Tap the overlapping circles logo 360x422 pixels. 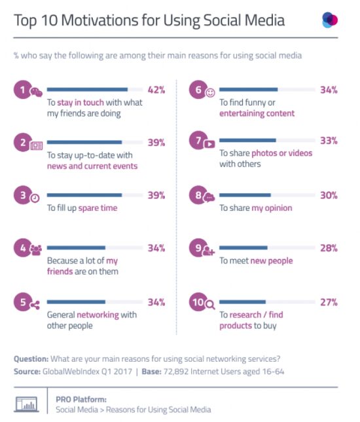[330, 20]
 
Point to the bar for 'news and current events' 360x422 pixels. [84, 142]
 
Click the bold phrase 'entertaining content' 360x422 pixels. [257, 113]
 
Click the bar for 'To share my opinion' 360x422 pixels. [245, 195]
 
